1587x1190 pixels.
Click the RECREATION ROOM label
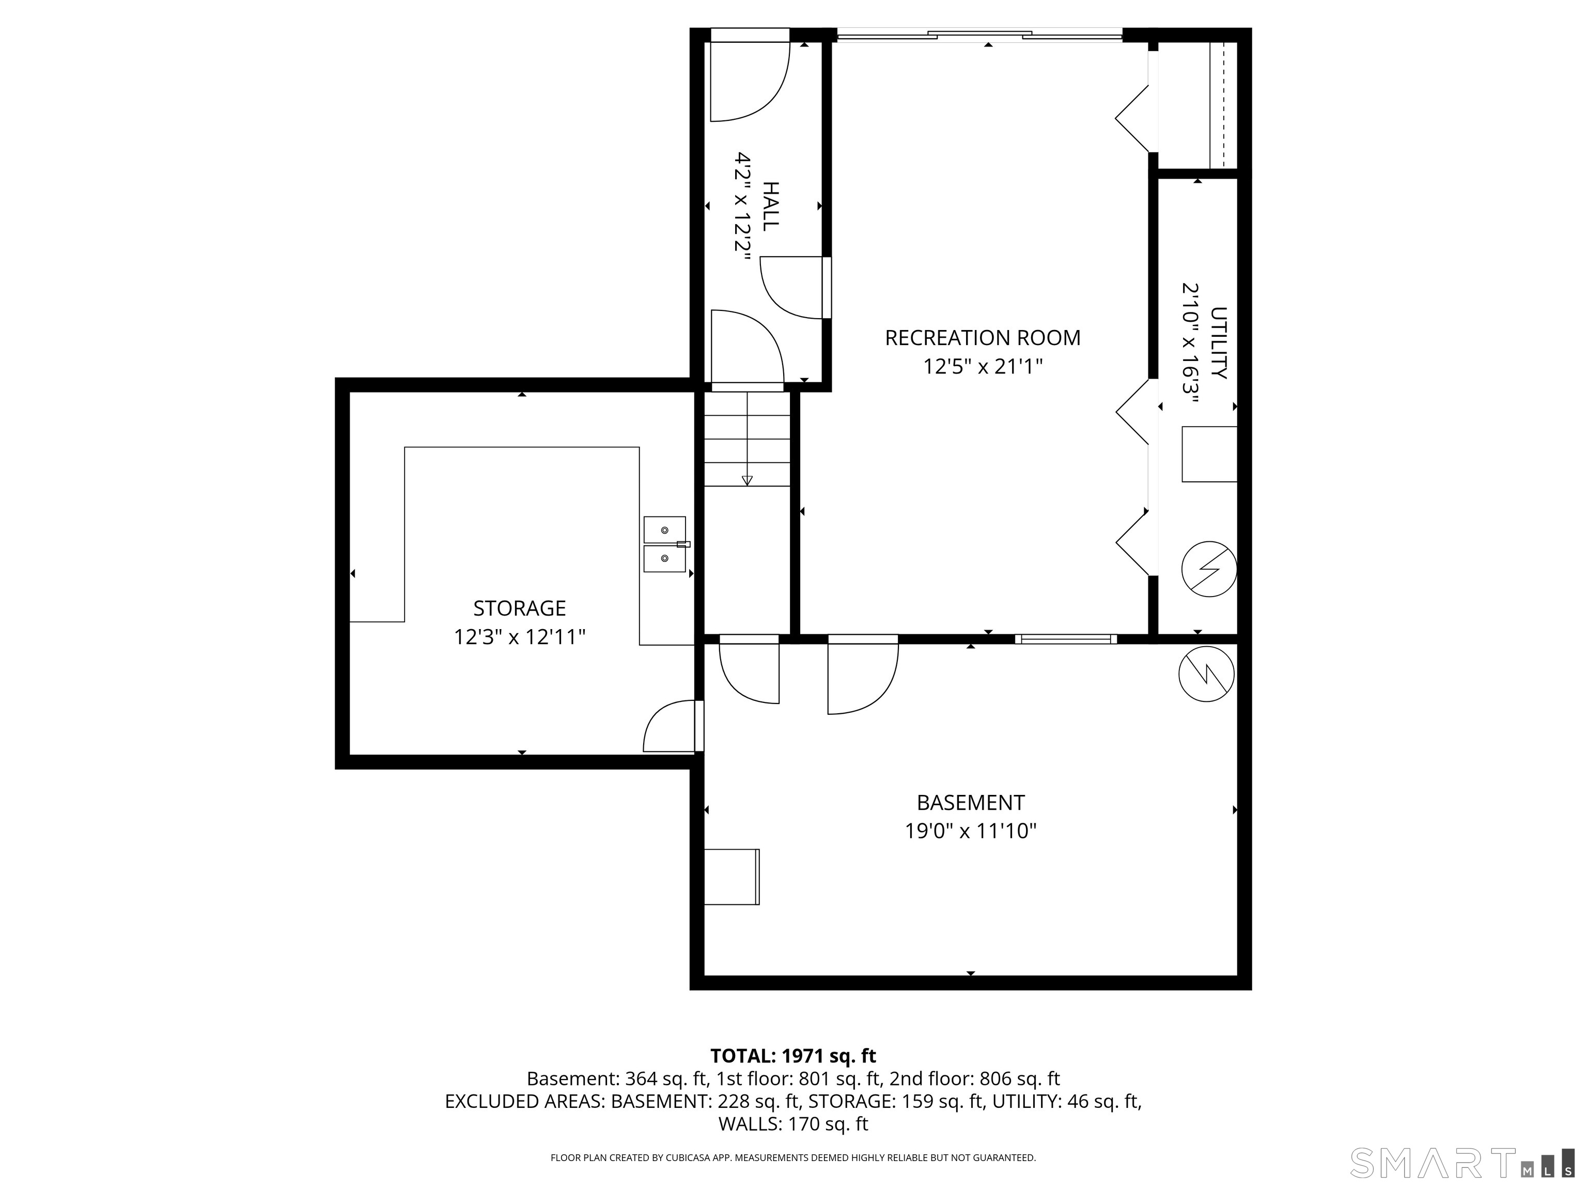click(x=982, y=338)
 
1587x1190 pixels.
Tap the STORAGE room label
click(x=519, y=608)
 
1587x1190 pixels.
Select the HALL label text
click(x=770, y=207)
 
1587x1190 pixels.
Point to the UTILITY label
click(x=1218, y=343)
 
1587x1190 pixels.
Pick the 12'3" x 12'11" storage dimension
click(x=519, y=637)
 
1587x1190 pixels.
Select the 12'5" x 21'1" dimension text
click(x=982, y=367)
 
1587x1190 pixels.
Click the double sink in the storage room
click(x=665, y=544)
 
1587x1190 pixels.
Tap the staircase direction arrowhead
click(x=747, y=480)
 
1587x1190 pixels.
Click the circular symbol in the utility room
click(x=1209, y=569)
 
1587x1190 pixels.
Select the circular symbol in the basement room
click(x=1207, y=674)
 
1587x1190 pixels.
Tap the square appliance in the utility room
click(x=1209, y=454)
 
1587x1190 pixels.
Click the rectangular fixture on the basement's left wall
click(x=732, y=876)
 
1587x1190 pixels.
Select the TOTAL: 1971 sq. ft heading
click(x=793, y=1056)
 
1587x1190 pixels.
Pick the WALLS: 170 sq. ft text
click(x=793, y=1123)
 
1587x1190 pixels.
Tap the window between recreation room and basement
click(x=1065, y=639)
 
